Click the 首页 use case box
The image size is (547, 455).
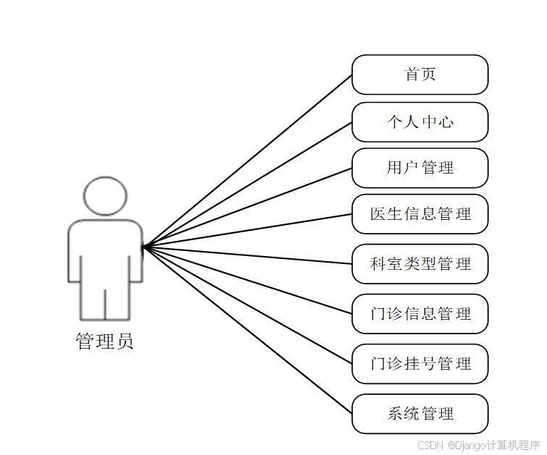pyautogui.click(x=419, y=75)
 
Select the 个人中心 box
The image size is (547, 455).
pyautogui.click(x=419, y=122)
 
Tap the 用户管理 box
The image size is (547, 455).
pyautogui.click(x=419, y=168)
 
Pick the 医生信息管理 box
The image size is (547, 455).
pyautogui.click(x=419, y=214)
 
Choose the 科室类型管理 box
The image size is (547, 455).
pyautogui.click(x=419, y=264)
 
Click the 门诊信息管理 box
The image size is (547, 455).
pyautogui.click(x=419, y=314)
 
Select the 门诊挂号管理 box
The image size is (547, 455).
pyautogui.click(x=419, y=363)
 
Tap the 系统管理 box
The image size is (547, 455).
pyautogui.click(x=419, y=414)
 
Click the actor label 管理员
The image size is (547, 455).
pyautogui.click(x=105, y=341)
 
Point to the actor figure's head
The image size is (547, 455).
pyautogui.click(x=105, y=195)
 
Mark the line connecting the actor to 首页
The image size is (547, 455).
pyautogui.click(x=247, y=161)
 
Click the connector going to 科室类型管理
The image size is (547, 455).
pyautogui.click(x=247, y=255)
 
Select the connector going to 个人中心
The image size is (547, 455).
pyautogui.click(x=247, y=184)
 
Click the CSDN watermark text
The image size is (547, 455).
pyautogui.click(x=430, y=444)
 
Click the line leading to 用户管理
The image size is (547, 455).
pyautogui.click(x=247, y=208)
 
